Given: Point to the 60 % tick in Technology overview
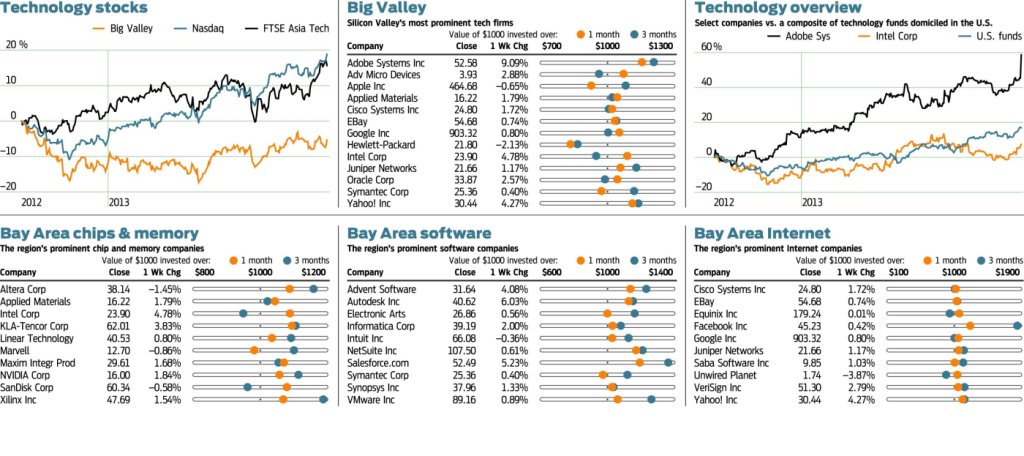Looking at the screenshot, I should tap(711, 47).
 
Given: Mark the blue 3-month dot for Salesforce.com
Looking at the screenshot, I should tap(668, 362).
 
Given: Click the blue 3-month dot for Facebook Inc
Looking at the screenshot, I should tap(1017, 326).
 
